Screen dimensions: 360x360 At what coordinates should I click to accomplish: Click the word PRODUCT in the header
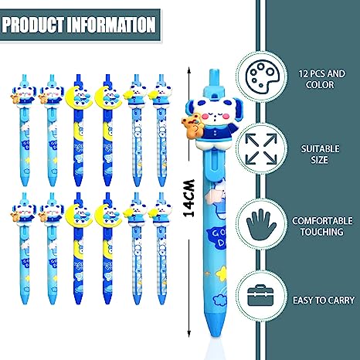point(33,25)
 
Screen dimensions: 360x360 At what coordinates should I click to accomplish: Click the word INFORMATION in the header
point(111,25)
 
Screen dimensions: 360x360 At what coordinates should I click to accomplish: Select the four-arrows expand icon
point(261,148)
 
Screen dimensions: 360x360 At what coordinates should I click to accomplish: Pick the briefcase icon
point(260,295)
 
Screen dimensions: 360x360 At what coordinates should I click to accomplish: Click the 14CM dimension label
point(188,199)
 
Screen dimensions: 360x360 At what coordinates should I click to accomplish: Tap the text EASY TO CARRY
point(324,301)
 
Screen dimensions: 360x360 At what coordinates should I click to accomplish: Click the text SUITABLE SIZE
point(320,154)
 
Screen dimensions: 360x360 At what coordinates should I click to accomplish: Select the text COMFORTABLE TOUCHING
point(322,226)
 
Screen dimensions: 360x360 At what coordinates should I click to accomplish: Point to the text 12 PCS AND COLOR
point(321,79)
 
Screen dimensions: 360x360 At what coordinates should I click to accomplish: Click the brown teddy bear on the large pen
point(192,127)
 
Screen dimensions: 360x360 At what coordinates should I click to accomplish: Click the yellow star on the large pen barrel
point(222,272)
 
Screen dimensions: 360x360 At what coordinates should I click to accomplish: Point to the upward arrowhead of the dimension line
point(188,70)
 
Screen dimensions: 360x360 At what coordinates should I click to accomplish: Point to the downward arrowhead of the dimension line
point(188,333)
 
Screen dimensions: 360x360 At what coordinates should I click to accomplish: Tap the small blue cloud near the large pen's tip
point(219,300)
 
